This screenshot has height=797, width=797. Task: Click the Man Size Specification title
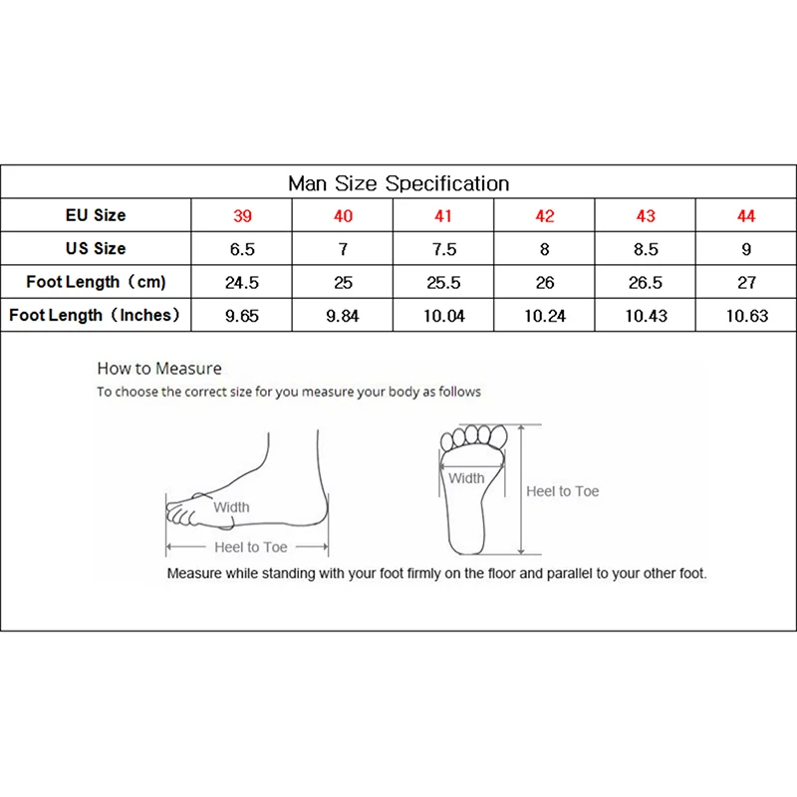coord(398,183)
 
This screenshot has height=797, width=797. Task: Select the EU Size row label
coord(96,215)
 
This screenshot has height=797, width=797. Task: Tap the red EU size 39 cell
coord(242,216)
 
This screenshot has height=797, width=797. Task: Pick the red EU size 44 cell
coord(746,216)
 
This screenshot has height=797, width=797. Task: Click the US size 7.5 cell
coord(443,249)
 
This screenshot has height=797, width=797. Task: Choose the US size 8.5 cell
coord(645,249)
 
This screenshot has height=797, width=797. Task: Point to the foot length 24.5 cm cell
coord(242,282)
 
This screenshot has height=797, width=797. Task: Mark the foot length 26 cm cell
coord(545,282)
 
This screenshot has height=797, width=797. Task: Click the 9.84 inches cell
coord(343,316)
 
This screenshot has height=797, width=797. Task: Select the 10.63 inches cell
coord(746,316)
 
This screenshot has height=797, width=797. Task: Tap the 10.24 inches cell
coord(545,316)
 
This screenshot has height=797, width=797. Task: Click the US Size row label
coord(96,249)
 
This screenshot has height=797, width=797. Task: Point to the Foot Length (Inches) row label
coord(96,315)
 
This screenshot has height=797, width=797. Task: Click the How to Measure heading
coord(159,369)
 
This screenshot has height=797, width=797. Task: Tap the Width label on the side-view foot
coord(231,507)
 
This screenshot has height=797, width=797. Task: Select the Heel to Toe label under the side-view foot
coord(251,547)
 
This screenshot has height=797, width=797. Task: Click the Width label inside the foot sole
coord(466,478)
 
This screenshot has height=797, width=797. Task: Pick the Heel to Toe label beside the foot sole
coord(563,491)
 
